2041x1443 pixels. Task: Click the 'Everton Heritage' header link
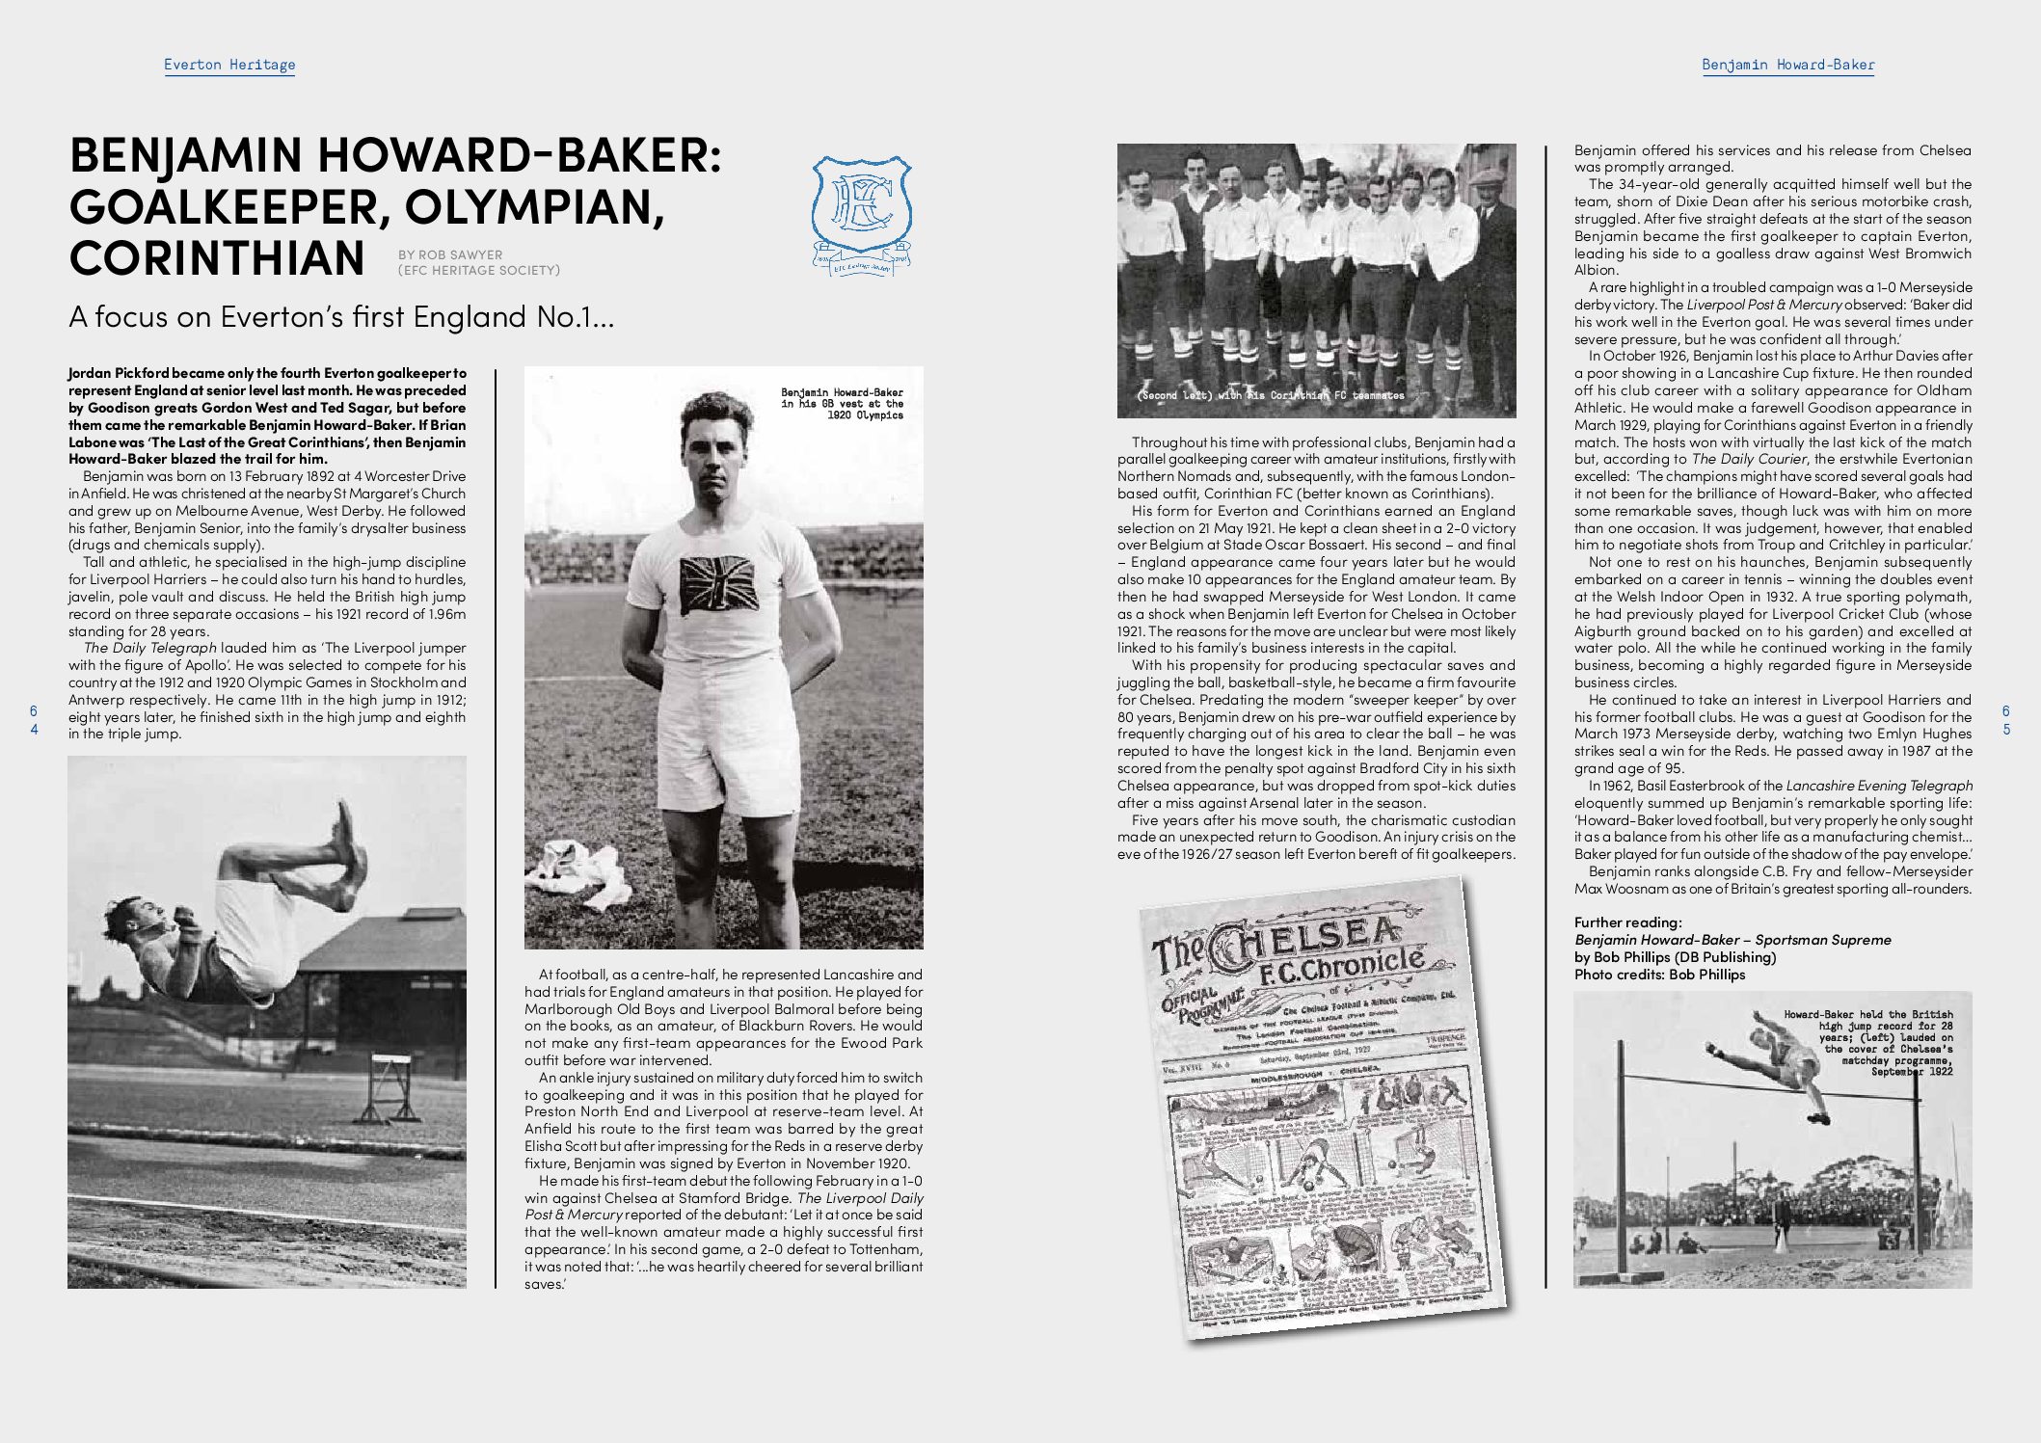click(229, 65)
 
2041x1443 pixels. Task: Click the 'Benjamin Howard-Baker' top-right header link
click(1787, 65)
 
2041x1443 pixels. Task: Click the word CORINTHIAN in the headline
click(217, 257)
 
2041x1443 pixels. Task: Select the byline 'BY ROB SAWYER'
click(450, 255)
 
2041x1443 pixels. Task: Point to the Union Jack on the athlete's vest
click(718, 585)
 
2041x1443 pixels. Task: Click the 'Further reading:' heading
click(1627, 922)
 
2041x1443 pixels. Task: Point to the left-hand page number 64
click(35, 720)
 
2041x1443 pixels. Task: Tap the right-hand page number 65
click(2006, 720)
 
